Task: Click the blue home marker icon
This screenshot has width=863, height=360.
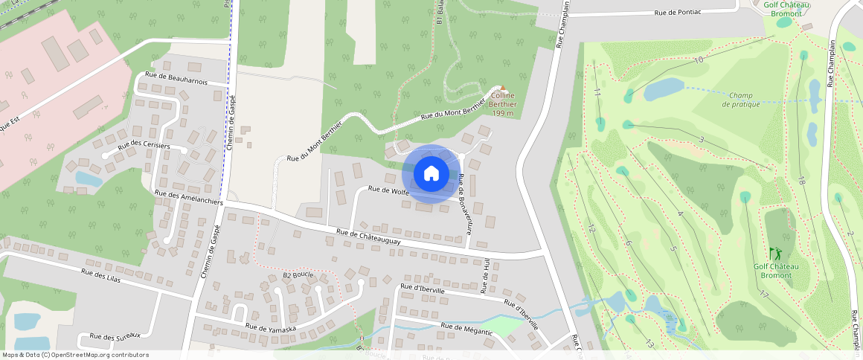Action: pyautogui.click(x=431, y=174)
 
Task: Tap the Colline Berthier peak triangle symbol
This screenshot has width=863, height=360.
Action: pyautogui.click(x=501, y=88)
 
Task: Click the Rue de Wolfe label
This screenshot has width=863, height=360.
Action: pyautogui.click(x=390, y=190)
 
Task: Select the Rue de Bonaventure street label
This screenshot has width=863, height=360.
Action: pyautogui.click(x=466, y=205)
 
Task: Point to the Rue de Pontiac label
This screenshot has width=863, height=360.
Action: pyautogui.click(x=688, y=13)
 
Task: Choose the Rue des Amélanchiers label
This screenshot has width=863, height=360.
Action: pyautogui.click(x=189, y=197)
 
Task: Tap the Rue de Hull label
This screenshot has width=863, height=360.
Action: pyautogui.click(x=485, y=276)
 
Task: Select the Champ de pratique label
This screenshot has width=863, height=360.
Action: pyautogui.click(x=741, y=100)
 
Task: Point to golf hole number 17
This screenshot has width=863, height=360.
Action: pyautogui.click(x=763, y=295)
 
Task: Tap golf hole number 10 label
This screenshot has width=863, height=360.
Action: pyautogui.click(x=699, y=60)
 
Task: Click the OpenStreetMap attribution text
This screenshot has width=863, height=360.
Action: pyautogui.click(x=75, y=355)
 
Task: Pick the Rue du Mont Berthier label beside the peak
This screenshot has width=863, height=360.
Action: pyautogui.click(x=454, y=112)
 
